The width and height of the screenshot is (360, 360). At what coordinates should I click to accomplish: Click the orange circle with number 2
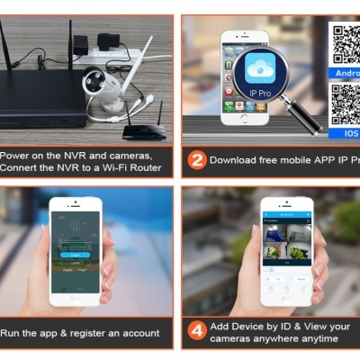coord(196,160)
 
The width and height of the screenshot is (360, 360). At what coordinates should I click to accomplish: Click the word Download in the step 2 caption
coord(236,160)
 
